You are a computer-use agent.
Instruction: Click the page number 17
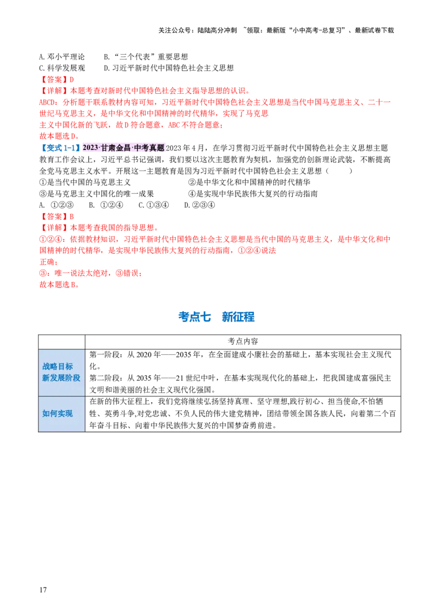pos(43,590)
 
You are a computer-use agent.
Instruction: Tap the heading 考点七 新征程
pos(216,317)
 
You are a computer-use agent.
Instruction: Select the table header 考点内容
pos(242,341)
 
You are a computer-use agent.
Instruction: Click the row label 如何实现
pos(57,413)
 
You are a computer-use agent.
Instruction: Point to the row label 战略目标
pos(57,366)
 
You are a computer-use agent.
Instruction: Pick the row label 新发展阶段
pos(61,377)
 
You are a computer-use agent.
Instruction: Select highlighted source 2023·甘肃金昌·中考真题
pos(123,148)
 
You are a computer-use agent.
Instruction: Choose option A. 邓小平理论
pos(62,57)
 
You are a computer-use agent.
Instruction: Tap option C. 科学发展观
pos(62,68)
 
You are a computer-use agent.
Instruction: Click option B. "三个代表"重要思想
pos(146,57)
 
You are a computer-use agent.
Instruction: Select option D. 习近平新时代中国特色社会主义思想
pos(169,68)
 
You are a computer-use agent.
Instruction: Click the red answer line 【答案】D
pos(57,80)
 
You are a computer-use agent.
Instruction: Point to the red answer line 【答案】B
pos(57,216)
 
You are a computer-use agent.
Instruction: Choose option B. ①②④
pos(106,205)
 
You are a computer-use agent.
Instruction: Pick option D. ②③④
pos(199,205)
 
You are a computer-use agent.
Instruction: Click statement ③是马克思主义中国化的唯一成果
pos(96,193)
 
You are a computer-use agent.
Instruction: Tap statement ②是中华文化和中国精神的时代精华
pos(249,182)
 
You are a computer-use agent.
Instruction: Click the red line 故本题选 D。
pos(60,136)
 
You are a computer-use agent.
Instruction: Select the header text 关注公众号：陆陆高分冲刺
pos(198,30)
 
